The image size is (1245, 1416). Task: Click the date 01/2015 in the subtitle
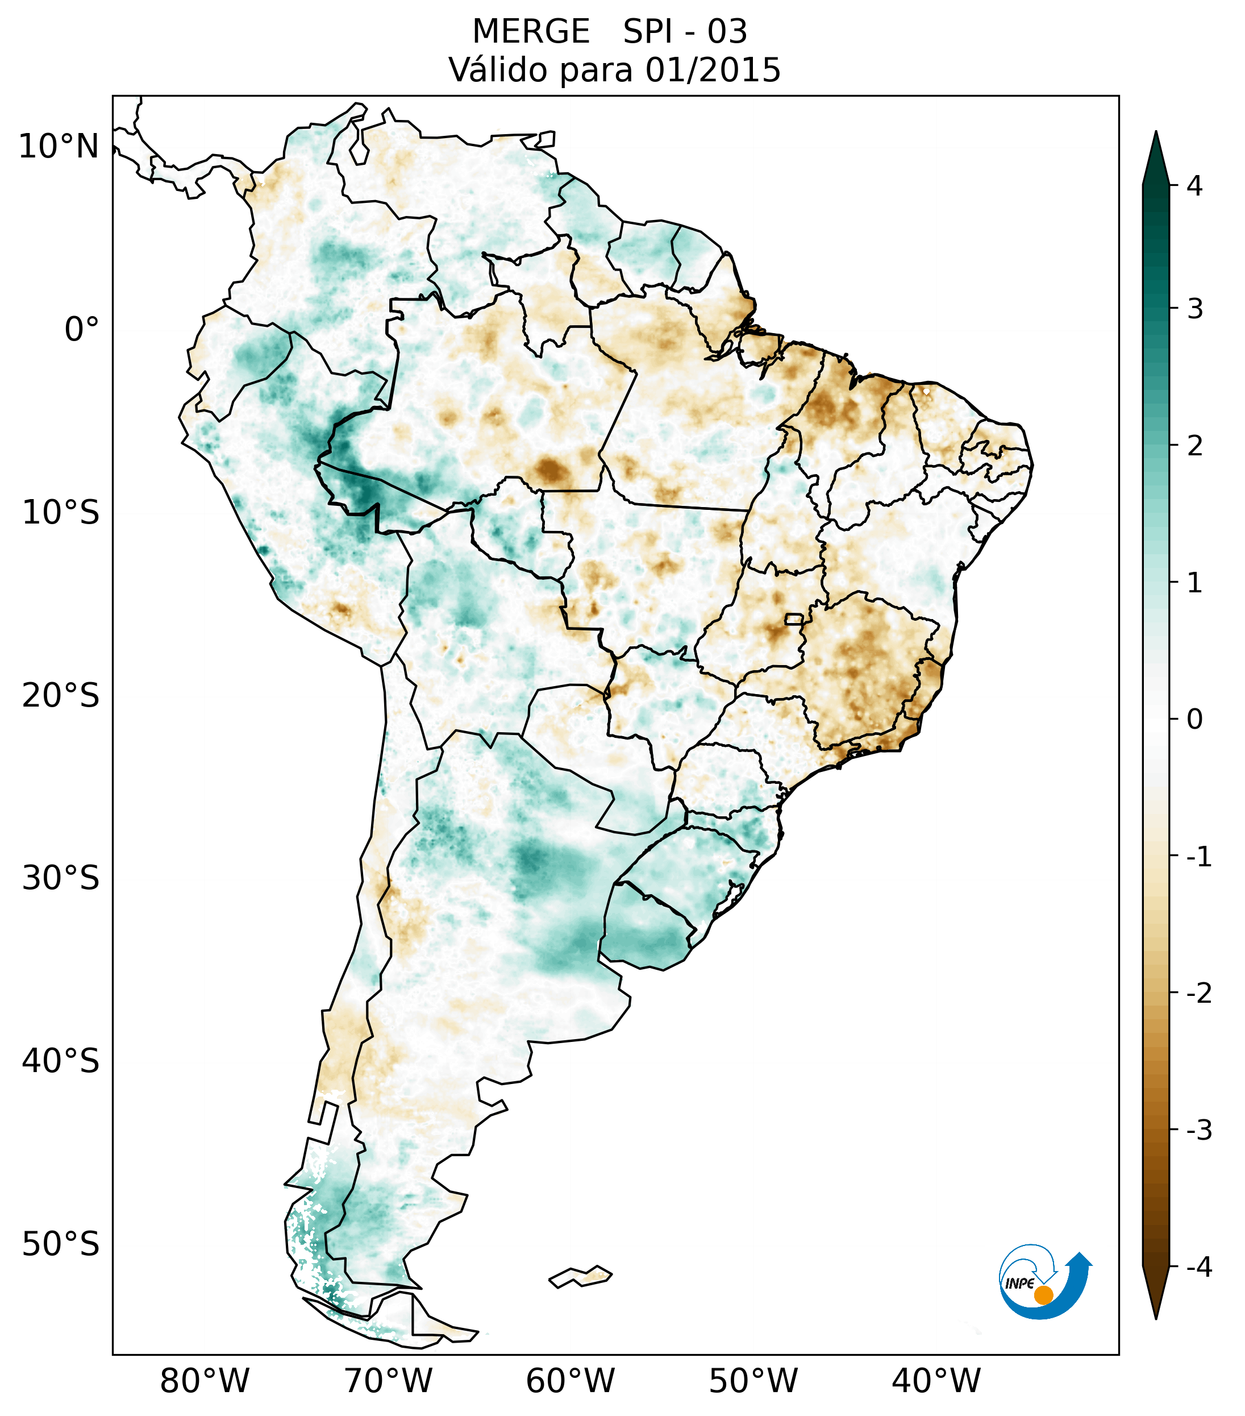coord(713,70)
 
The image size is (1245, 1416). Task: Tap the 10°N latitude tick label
coord(59,147)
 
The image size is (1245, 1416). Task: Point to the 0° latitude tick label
coord(82,329)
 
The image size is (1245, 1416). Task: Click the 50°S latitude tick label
coord(61,1244)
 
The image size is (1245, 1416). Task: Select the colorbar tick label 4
coord(1194,186)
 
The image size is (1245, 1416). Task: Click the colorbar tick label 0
coord(1194,719)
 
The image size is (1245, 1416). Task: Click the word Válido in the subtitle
coord(498,70)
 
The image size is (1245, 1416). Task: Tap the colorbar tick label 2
coord(1194,446)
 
